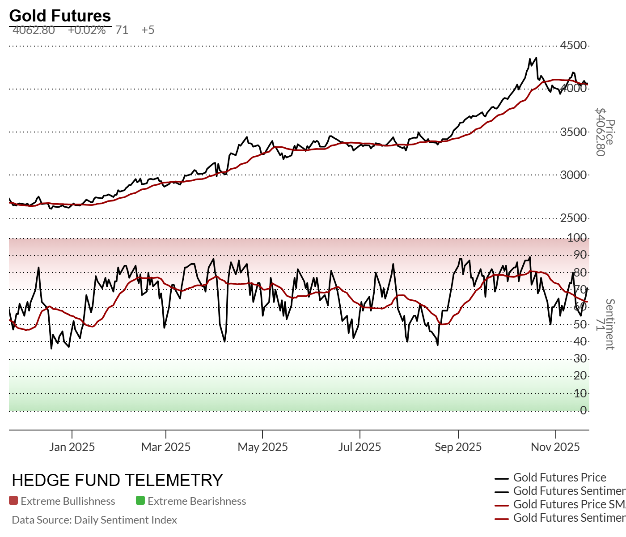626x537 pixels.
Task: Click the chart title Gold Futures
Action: pos(60,16)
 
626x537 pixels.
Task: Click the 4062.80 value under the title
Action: pos(34,30)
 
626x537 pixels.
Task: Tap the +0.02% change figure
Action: pos(87,30)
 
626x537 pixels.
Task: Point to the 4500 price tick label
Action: pos(573,45)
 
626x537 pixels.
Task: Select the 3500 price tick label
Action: pos(573,132)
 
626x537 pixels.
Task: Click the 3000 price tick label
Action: pos(573,175)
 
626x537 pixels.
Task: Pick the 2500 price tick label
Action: pos(573,218)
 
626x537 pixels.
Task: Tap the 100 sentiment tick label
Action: pos(577,238)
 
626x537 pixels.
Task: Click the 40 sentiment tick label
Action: pos(580,341)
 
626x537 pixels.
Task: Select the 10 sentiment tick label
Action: pos(580,393)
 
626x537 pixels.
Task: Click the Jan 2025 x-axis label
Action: pos(72,447)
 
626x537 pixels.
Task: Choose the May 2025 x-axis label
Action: pos(262,447)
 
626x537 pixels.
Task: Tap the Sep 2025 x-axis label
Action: pos(458,447)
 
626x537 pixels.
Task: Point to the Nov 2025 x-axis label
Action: pos(555,447)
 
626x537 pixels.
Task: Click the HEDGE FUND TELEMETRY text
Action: pos(117,480)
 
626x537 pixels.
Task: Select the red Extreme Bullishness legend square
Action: pos(13,501)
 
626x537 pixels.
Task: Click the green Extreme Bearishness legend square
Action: pos(140,501)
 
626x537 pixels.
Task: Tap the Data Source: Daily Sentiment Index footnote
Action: pos(94,520)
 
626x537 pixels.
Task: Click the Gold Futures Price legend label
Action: pos(559,477)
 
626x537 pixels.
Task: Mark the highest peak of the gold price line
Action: pos(536,58)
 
